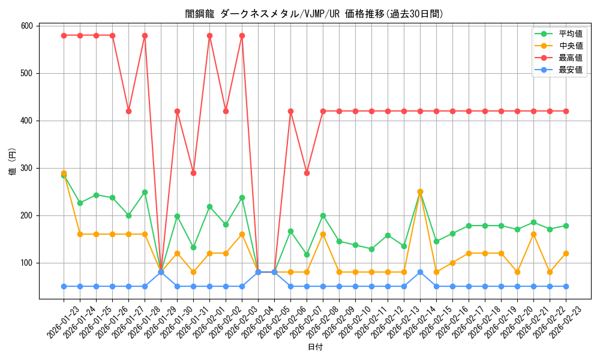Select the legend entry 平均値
pyautogui.click(x=571, y=34)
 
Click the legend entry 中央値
pyautogui.click(x=571, y=46)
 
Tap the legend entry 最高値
pyautogui.click(x=571, y=58)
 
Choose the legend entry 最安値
pyautogui.click(x=571, y=70)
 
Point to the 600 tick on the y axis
pyautogui.click(x=26, y=26)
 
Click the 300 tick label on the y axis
pyautogui.click(x=26, y=168)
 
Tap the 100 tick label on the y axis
pyautogui.click(x=26, y=263)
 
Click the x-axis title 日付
pyautogui.click(x=314, y=347)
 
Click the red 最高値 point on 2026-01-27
pyautogui.click(x=128, y=111)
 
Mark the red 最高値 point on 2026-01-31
pyautogui.click(x=193, y=173)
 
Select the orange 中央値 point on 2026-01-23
pyautogui.click(x=64, y=173)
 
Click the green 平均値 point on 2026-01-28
pyautogui.click(x=145, y=192)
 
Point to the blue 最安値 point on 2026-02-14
pyautogui.click(x=420, y=272)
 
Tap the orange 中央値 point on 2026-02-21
pyautogui.click(x=533, y=234)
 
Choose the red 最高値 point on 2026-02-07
pyautogui.click(x=307, y=173)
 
